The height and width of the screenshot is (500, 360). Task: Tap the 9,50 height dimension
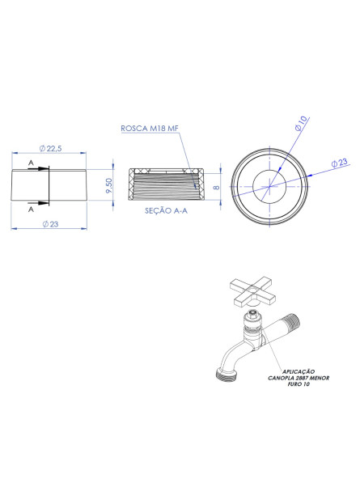tap(108, 186)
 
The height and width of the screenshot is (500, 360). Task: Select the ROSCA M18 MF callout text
tap(150, 129)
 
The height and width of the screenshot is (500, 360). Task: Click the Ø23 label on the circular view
tap(339, 163)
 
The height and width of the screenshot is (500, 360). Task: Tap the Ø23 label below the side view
tap(49, 224)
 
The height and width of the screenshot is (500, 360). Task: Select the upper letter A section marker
tap(31, 164)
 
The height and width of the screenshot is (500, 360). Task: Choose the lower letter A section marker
tap(31, 208)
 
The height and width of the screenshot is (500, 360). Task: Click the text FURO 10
tap(290, 383)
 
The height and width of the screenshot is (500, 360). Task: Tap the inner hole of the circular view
tap(267, 186)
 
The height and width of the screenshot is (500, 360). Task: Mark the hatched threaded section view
tap(165, 187)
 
